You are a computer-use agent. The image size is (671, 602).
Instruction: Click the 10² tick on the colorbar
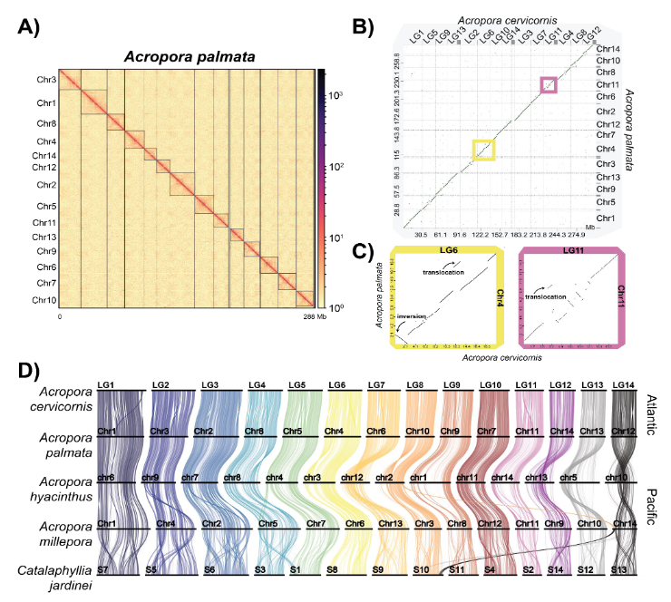click(x=337, y=167)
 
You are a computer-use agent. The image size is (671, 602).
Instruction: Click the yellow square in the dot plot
click(x=483, y=150)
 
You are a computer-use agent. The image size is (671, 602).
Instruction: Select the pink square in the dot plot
click(x=549, y=85)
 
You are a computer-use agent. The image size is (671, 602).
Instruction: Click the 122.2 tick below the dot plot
click(x=483, y=233)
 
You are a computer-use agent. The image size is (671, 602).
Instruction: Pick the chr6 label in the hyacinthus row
click(x=106, y=477)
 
